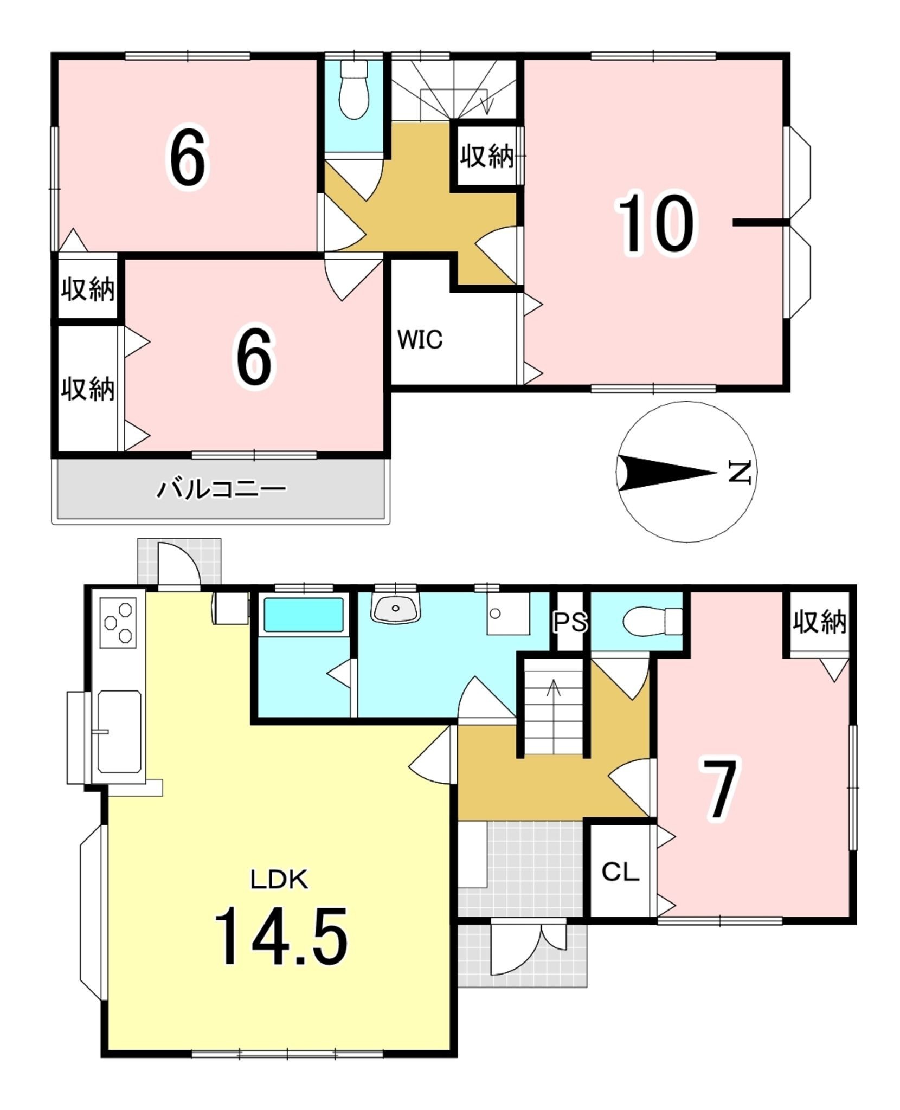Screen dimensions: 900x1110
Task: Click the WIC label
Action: pyautogui.click(x=420, y=339)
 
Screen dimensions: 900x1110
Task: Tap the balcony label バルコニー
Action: pyautogui.click(x=221, y=489)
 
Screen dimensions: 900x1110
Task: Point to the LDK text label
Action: pyautogui.click(x=279, y=879)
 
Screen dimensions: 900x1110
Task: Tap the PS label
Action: pyautogui.click(x=570, y=623)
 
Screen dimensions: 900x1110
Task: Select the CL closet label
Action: pyautogui.click(x=620, y=872)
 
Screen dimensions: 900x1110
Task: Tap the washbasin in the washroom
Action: pyautogui.click(x=396, y=608)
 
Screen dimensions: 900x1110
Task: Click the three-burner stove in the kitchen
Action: pyautogui.click(x=119, y=623)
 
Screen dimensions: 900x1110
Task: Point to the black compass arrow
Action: pyautogui.click(x=667, y=473)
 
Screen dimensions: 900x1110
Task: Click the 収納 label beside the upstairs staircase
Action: pyautogui.click(x=487, y=157)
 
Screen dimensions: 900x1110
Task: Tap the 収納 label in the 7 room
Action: pyautogui.click(x=819, y=622)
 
